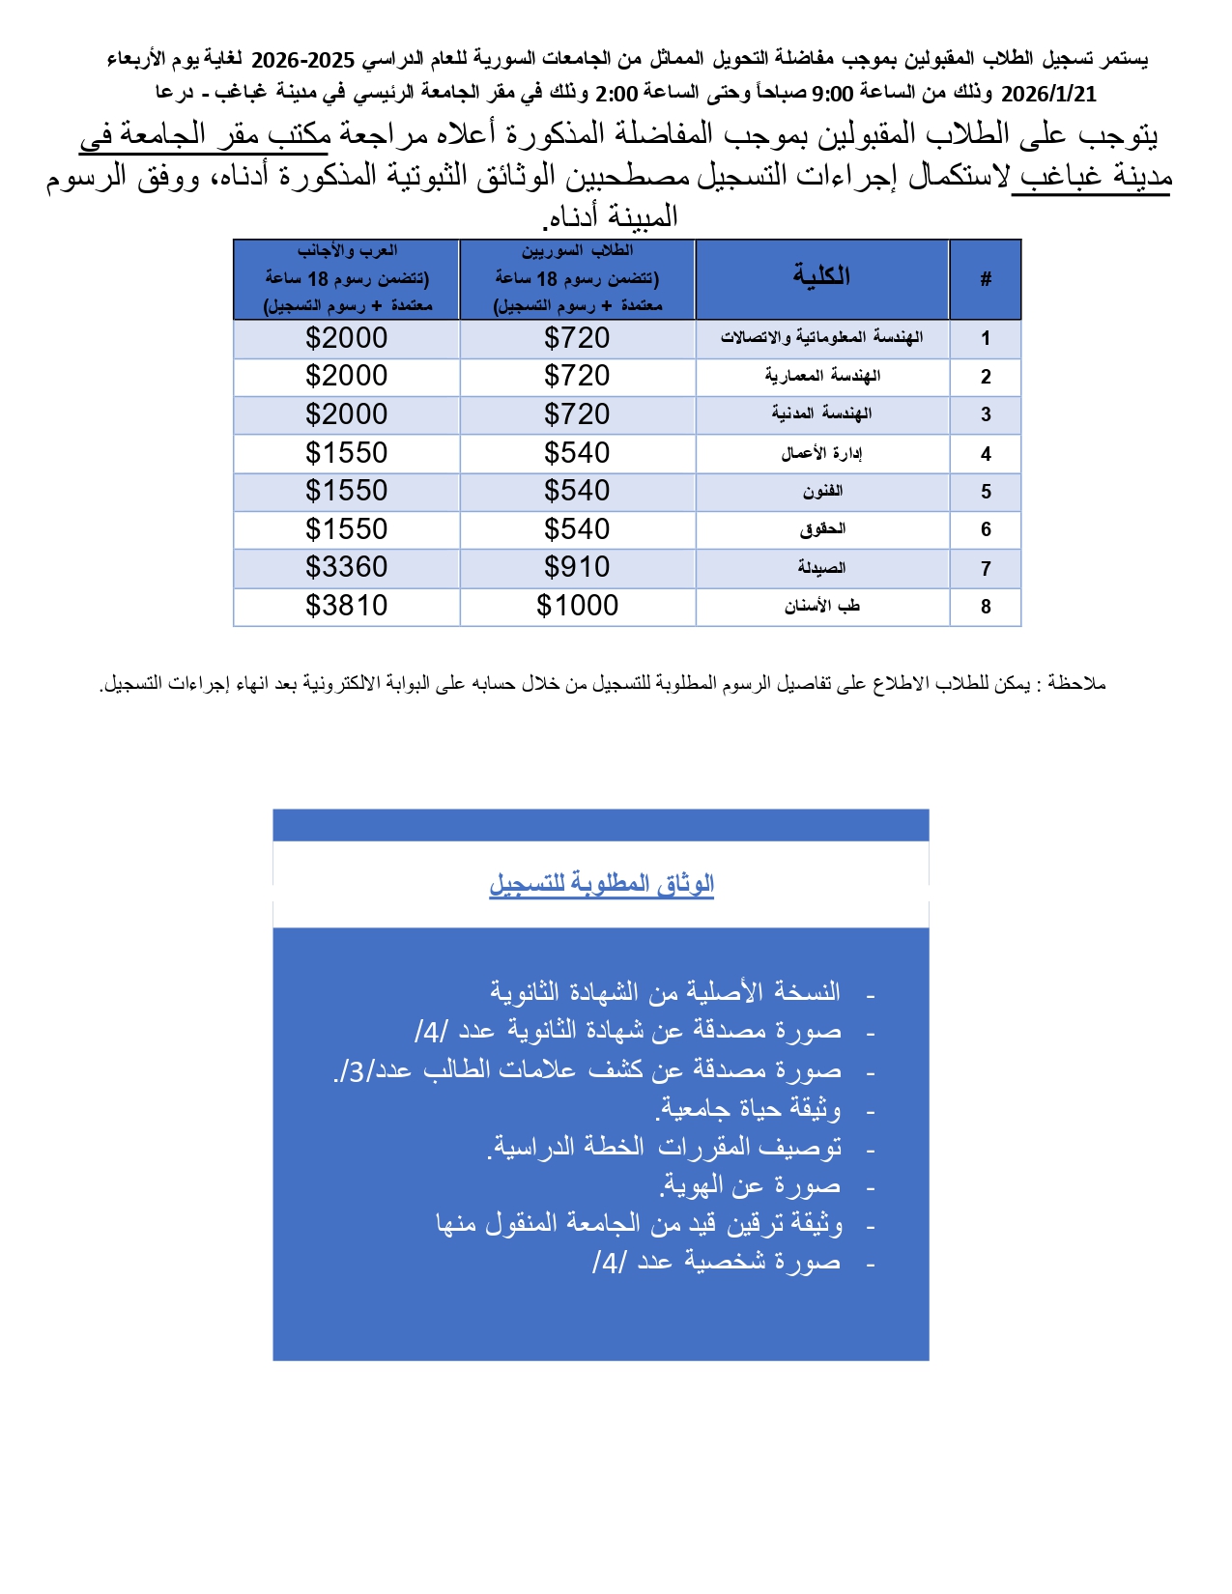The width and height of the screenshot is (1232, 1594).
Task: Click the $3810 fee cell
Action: (346, 606)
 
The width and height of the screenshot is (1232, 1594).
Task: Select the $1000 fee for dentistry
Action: (577, 606)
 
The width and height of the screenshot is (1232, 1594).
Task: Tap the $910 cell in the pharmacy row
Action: (577, 567)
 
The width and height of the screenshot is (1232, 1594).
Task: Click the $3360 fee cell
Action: (346, 567)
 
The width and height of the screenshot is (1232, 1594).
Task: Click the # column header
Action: (986, 279)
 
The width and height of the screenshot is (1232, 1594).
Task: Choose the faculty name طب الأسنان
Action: (821, 607)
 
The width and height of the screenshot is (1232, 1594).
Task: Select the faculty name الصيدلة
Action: (821, 568)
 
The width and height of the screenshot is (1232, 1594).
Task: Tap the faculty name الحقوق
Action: (822, 529)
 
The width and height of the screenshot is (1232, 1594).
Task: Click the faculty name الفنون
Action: (822, 492)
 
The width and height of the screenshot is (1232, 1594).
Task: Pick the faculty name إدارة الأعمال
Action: (821, 453)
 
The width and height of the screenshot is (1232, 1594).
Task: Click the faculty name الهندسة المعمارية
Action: (822, 376)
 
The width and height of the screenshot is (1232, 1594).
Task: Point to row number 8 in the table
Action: (986, 607)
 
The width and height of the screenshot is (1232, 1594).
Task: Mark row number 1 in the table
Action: (986, 338)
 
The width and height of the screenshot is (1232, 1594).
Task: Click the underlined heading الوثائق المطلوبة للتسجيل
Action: (601, 884)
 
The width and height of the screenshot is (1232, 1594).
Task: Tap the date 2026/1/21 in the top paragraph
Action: (1048, 94)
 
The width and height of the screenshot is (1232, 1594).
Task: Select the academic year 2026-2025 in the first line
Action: (303, 60)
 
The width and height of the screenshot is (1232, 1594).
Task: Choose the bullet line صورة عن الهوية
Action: (751, 1185)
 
